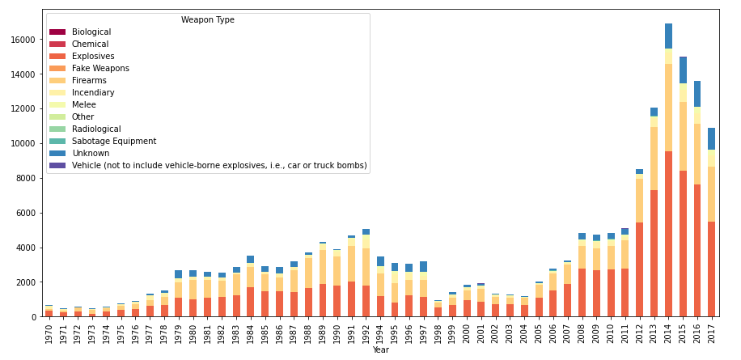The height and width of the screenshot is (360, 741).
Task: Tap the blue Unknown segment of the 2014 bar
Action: point(669,36)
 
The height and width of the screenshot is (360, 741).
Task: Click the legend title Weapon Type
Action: point(208,20)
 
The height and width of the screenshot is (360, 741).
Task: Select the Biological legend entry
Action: point(91,32)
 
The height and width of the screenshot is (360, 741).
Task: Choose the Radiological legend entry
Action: point(96,129)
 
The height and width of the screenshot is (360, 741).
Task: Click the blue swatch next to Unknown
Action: point(57,154)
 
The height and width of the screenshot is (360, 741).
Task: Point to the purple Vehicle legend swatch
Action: point(57,166)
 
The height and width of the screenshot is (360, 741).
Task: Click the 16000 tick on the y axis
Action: point(23,40)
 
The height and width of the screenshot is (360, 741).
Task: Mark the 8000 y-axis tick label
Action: point(25,179)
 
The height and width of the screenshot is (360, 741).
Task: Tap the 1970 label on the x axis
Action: point(49,333)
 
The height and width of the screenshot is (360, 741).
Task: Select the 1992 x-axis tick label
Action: point(366,333)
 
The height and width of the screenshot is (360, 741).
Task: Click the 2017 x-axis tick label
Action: point(712,333)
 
